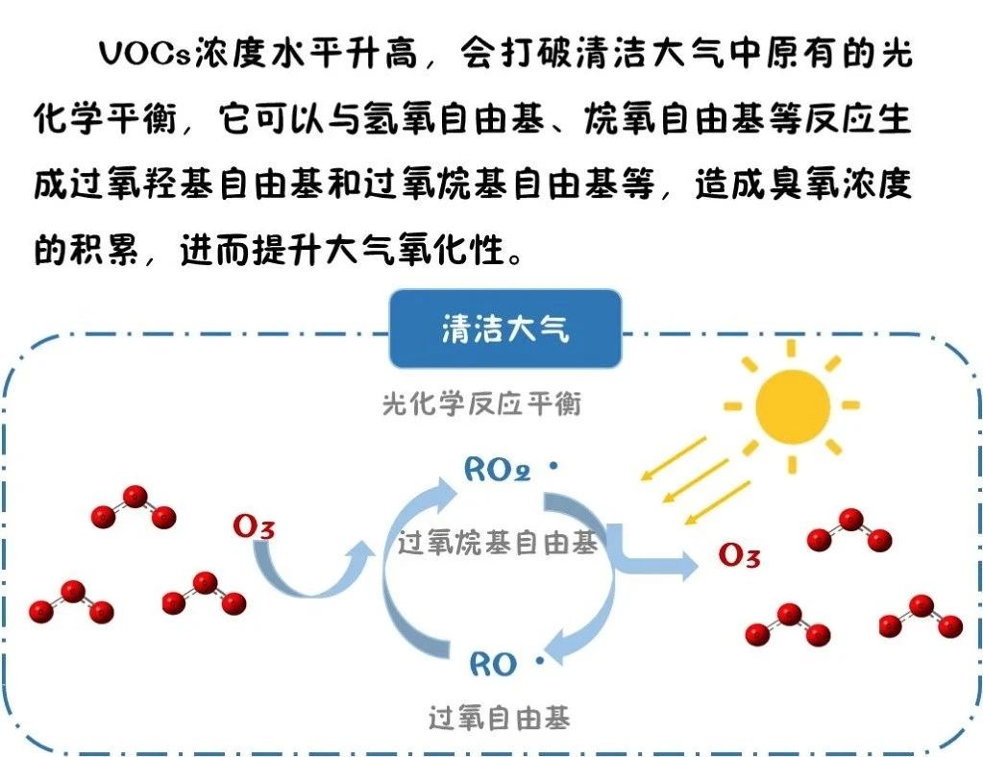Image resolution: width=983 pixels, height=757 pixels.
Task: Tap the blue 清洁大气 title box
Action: point(505,330)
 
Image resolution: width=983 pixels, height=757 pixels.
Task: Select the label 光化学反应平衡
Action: point(481,403)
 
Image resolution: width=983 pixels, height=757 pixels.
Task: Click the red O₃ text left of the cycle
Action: point(254,527)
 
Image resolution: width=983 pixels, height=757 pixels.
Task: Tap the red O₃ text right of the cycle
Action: point(739,555)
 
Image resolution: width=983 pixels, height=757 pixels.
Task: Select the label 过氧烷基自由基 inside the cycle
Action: point(498,544)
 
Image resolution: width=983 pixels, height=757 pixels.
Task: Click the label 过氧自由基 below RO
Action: point(499,718)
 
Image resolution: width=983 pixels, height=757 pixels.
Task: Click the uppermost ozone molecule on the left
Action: point(134,506)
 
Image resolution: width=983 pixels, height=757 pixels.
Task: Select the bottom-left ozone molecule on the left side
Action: point(71,601)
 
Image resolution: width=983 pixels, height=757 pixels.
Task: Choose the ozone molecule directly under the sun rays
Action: point(849,529)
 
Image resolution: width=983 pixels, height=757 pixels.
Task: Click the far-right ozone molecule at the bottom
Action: point(920,616)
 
